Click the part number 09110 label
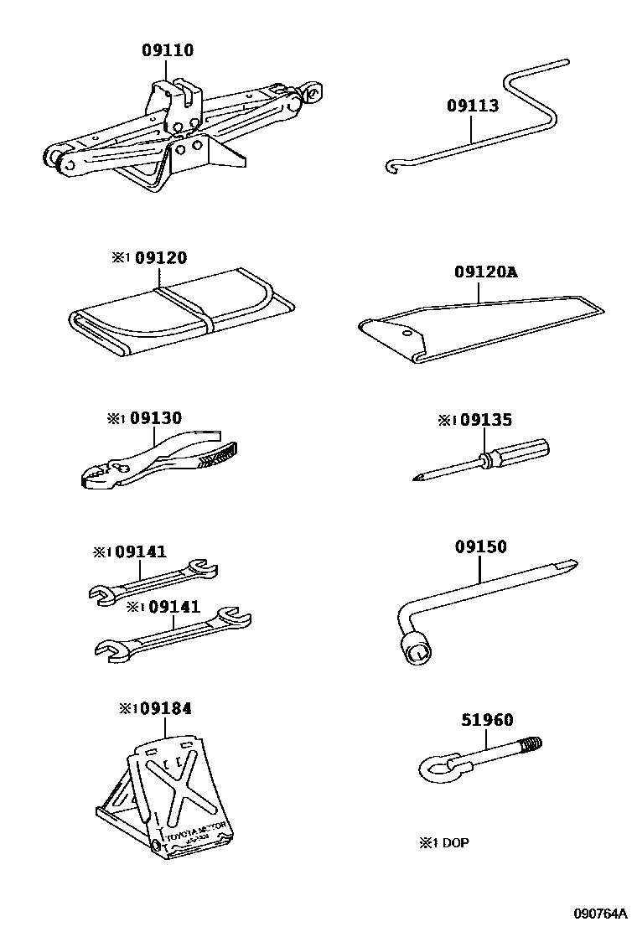(167, 50)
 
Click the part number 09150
(481, 546)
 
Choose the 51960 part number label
(487, 720)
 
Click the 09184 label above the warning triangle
(166, 709)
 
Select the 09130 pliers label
(155, 418)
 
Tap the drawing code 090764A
(600, 914)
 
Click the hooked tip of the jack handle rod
(391, 168)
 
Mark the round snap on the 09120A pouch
(407, 332)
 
